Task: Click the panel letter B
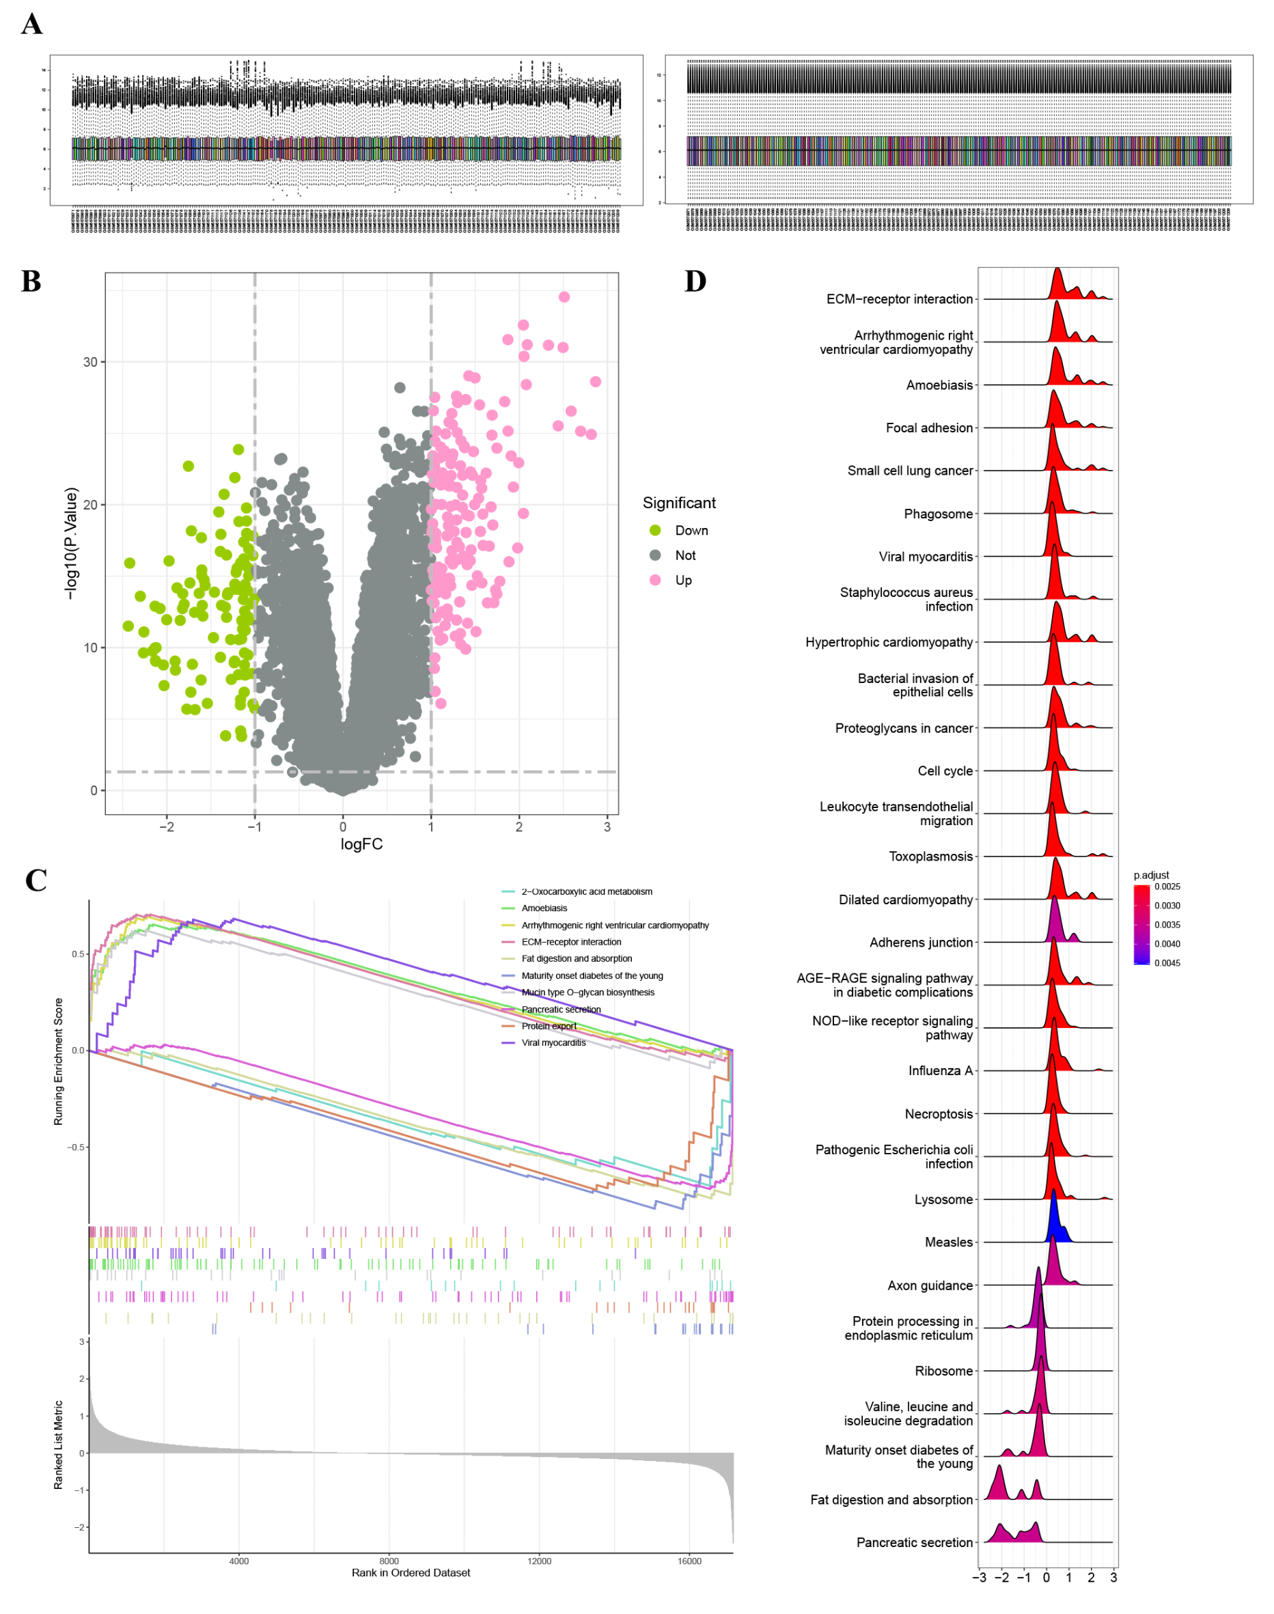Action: pos(31,281)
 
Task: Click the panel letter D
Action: pos(695,281)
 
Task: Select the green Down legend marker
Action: pos(655,530)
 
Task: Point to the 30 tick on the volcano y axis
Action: pos(90,362)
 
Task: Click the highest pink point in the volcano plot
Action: pos(564,297)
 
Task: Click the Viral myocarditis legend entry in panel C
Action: pos(553,1043)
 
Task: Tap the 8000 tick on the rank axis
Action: pos(389,1560)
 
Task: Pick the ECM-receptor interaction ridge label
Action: pos(899,299)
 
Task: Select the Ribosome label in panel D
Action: pos(943,1371)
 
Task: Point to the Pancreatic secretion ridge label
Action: pos(914,1542)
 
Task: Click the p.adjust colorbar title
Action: pos(1151,875)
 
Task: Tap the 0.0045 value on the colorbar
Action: pos(1167,963)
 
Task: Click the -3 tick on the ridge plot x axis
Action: pos(980,1577)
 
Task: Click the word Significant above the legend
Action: pos(679,503)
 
